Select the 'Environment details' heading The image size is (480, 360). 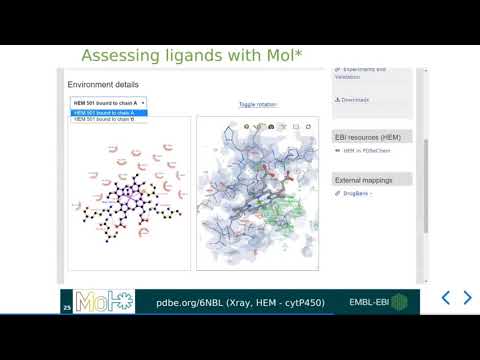(x=103, y=85)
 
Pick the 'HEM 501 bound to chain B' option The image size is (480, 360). (x=103, y=119)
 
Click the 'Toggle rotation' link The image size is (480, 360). (x=258, y=104)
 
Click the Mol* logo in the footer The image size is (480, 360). (x=104, y=301)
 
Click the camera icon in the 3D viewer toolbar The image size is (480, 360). (x=271, y=127)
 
